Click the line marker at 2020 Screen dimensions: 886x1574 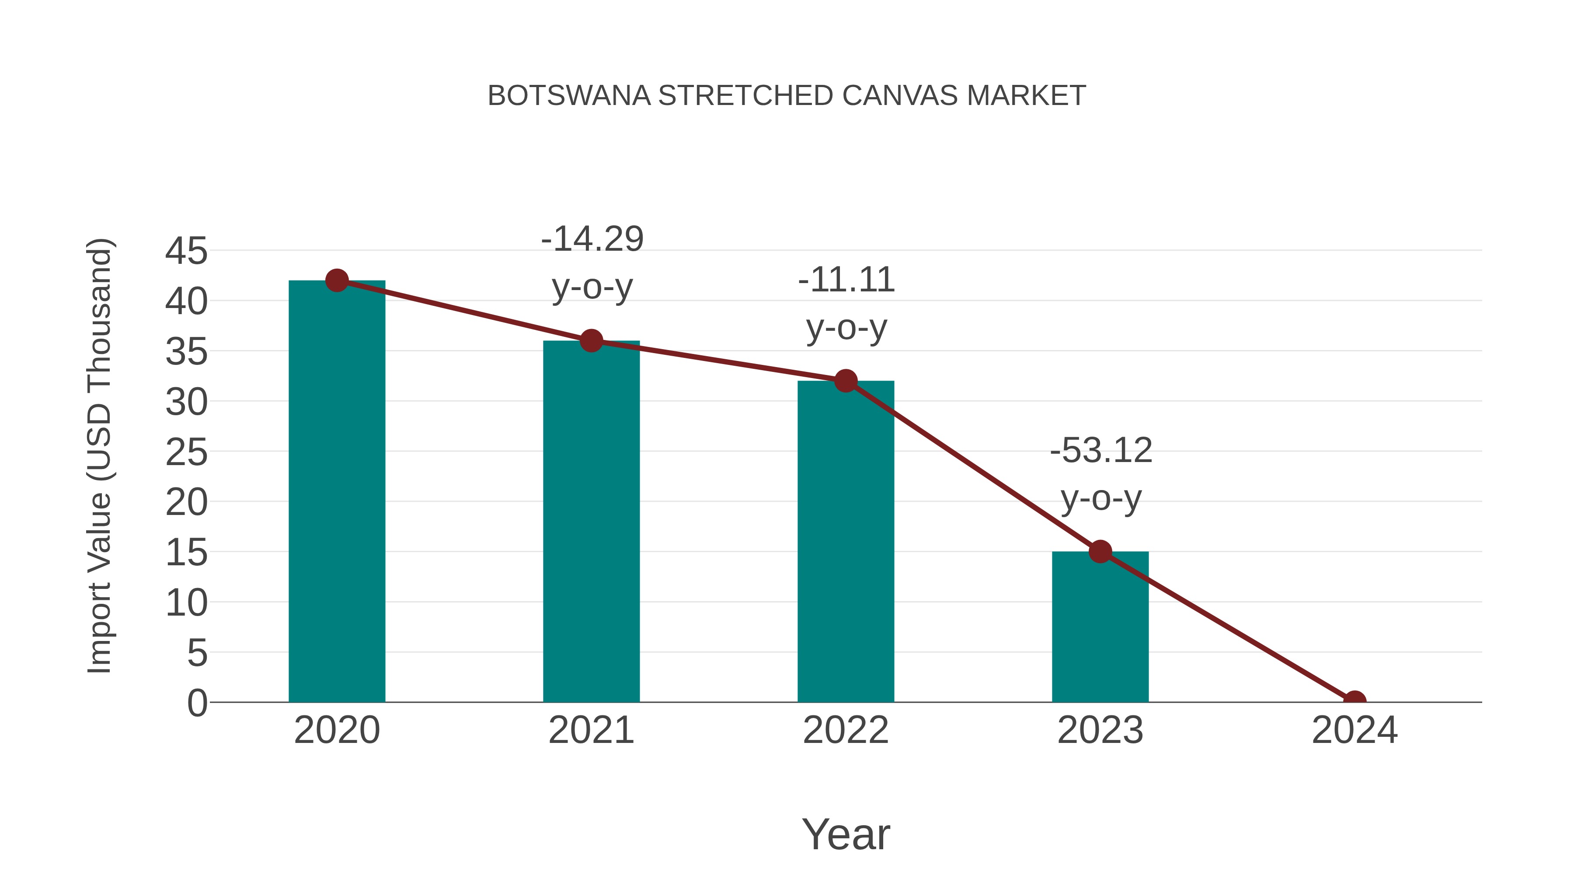point(337,280)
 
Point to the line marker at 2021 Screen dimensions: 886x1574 point(591,340)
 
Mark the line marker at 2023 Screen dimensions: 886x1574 point(1100,552)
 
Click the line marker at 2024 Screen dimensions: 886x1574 point(1355,700)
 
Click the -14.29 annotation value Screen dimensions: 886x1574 point(592,239)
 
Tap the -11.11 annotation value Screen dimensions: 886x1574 point(846,280)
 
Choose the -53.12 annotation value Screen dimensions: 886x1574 point(1100,451)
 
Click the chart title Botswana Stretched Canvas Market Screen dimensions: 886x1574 point(787,96)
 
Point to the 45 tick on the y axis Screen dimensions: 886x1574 point(186,251)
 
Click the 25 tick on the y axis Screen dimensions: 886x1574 point(186,452)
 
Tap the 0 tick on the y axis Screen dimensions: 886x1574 point(197,703)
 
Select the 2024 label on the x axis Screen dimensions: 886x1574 point(1355,730)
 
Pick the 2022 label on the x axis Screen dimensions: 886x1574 point(846,730)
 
